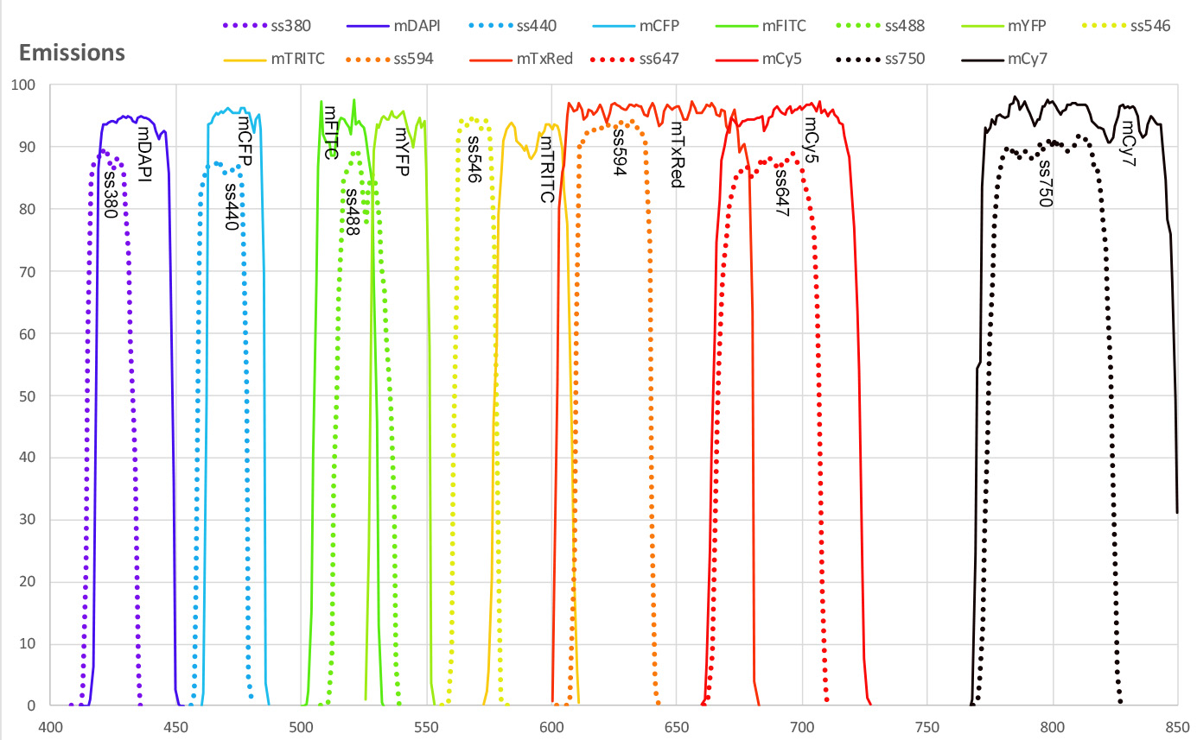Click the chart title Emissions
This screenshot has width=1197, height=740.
[x=72, y=53]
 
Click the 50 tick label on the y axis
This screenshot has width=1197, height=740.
[x=27, y=395]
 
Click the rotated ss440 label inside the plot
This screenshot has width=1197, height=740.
[x=232, y=206]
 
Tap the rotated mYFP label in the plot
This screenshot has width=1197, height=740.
[x=402, y=152]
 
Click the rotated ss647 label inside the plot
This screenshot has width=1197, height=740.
[x=782, y=190]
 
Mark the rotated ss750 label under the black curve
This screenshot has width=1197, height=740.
[x=1045, y=183]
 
